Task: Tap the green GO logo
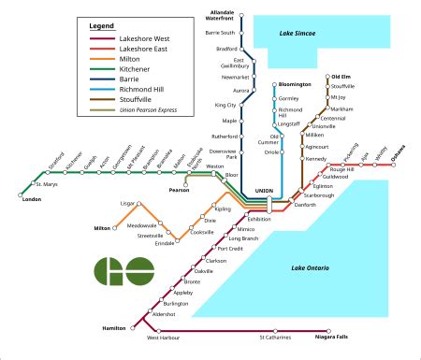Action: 123,273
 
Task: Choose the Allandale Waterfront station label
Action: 219,14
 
